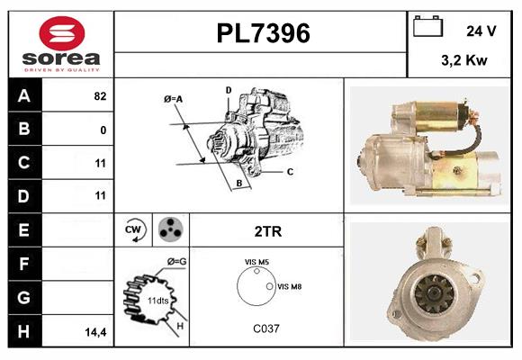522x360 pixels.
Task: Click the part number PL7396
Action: click(x=263, y=33)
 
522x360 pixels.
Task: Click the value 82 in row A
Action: click(x=99, y=96)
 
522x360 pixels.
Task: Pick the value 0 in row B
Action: click(x=103, y=130)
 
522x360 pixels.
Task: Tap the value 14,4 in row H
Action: click(x=96, y=331)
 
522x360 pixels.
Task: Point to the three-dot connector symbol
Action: click(x=168, y=229)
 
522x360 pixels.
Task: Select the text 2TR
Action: click(x=267, y=231)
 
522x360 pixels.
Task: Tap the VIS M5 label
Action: click(x=257, y=262)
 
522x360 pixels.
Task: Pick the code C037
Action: click(x=266, y=328)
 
